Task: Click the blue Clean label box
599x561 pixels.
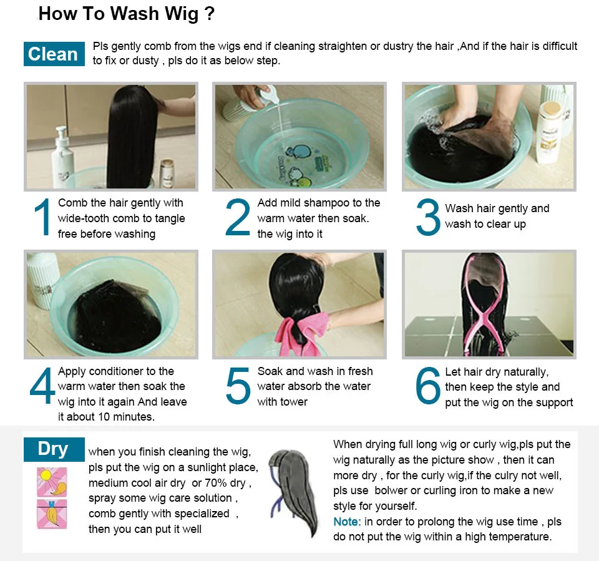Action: pyautogui.click(x=54, y=54)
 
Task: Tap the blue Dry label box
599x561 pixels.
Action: pyautogui.click(x=54, y=449)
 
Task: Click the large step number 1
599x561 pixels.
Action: pyautogui.click(x=42, y=217)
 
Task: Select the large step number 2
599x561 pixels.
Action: pyautogui.click(x=238, y=217)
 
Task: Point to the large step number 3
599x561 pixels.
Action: pyautogui.click(x=428, y=217)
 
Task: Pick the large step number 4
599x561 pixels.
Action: pyautogui.click(x=42, y=385)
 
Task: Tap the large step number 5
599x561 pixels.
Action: pyautogui.click(x=238, y=386)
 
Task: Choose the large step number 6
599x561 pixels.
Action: pyautogui.click(x=428, y=386)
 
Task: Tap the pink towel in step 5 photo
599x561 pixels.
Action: pyautogui.click(x=302, y=333)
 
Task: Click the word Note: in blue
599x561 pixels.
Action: pyautogui.click(x=347, y=522)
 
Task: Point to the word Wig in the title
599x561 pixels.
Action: pyautogui.click(x=182, y=14)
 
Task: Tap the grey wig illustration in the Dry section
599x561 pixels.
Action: pyautogui.click(x=293, y=493)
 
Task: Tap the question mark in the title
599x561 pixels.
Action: pyautogui.click(x=210, y=14)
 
